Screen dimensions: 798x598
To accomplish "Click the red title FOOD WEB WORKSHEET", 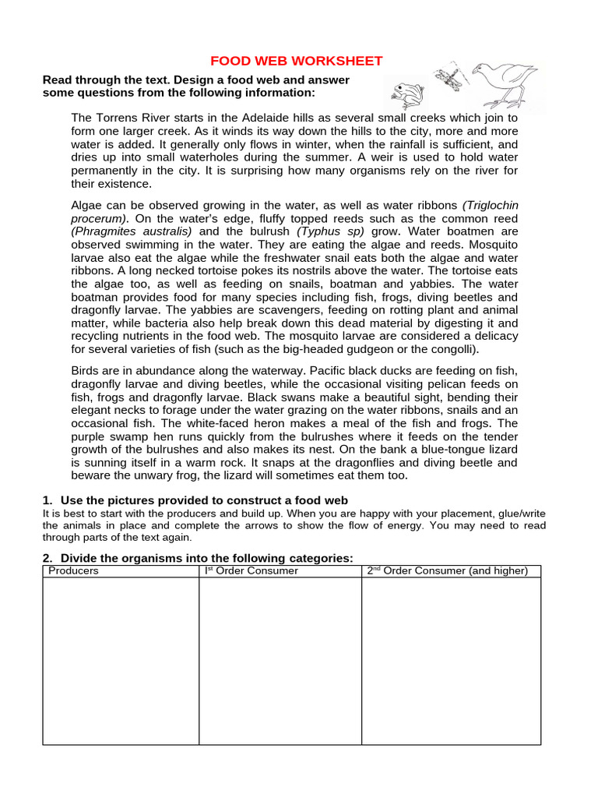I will click(x=297, y=61).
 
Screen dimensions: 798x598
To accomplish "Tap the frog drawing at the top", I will click(x=406, y=94).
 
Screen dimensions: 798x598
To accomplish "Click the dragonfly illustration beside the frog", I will click(x=449, y=77).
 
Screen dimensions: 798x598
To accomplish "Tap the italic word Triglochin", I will click(x=490, y=205).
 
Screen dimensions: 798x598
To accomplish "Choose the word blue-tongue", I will click(x=438, y=450).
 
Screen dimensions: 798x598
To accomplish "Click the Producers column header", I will click(x=74, y=571).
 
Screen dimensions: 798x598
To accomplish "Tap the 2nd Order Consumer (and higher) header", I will click(x=448, y=571).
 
